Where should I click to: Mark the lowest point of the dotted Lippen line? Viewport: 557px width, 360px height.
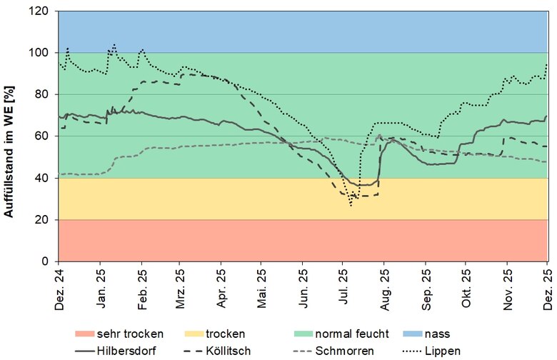351,206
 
